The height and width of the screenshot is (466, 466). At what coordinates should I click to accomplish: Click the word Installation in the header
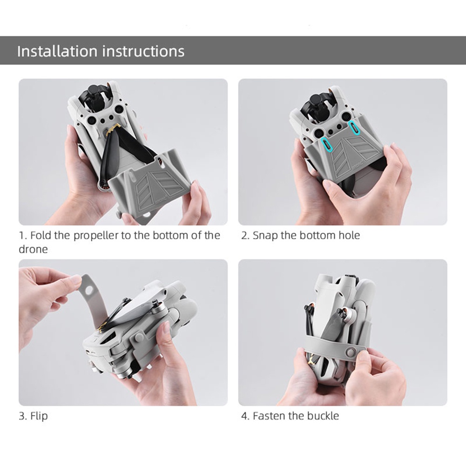click(57, 51)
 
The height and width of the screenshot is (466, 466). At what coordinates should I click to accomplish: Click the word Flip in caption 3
click(39, 416)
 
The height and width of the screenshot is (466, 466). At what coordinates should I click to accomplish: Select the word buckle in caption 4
click(323, 416)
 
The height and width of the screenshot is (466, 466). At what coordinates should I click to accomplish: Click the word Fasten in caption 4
click(269, 416)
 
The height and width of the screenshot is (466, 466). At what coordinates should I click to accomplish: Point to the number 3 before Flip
click(21, 416)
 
